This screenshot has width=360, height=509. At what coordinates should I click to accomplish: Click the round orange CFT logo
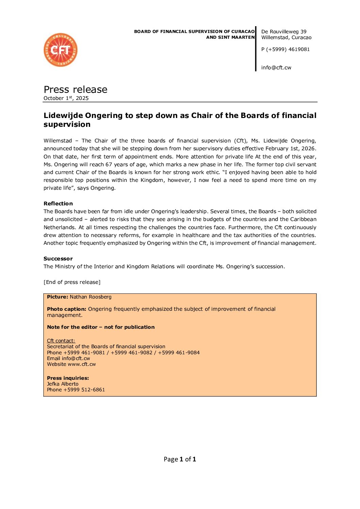(x=61, y=50)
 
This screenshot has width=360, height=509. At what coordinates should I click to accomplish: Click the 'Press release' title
(x=76, y=89)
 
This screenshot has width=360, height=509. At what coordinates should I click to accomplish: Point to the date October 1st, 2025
(x=66, y=98)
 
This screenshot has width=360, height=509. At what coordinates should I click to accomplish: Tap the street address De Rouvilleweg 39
(x=284, y=32)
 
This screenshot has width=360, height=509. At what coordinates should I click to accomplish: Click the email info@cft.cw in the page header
(x=276, y=68)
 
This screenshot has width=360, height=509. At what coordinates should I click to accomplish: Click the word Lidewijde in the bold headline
(x=63, y=116)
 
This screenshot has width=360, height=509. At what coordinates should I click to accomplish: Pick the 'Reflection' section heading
(x=58, y=204)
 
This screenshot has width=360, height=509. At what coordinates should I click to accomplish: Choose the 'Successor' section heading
(x=58, y=259)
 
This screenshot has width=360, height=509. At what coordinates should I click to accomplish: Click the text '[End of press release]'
(x=72, y=282)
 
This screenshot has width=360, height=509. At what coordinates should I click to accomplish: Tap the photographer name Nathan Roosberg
(x=91, y=297)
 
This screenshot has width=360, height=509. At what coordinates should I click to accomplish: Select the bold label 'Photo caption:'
(x=67, y=309)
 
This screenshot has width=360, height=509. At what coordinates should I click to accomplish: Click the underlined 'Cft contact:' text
(x=61, y=341)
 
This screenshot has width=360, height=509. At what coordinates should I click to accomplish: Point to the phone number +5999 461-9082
(x=131, y=353)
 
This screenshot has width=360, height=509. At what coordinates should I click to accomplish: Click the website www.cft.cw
(x=82, y=364)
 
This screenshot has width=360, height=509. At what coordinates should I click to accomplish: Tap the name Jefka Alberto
(x=63, y=384)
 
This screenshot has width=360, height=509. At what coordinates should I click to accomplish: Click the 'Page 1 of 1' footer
(x=180, y=459)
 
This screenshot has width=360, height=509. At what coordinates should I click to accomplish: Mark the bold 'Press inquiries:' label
(x=68, y=378)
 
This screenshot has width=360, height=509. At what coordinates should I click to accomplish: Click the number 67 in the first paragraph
(x=109, y=165)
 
